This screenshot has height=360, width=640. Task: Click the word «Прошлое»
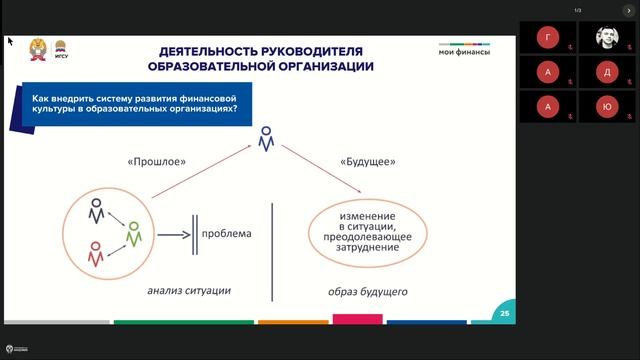[x=158, y=161]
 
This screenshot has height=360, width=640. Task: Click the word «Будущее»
[x=368, y=161]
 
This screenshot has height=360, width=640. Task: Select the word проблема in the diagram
[x=226, y=235]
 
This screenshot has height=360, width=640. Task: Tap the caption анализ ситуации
[x=189, y=291]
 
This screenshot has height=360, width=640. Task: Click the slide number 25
[x=505, y=315]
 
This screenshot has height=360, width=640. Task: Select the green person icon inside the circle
[x=133, y=235]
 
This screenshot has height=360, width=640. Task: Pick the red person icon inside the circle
[x=96, y=255]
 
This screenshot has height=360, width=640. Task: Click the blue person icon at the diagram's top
[x=265, y=139]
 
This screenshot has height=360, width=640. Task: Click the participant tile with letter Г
[x=546, y=38]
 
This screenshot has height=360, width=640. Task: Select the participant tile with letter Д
[x=607, y=72]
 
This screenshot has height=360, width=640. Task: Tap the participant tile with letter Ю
[x=607, y=106]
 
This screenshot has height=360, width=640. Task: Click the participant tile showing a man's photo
[x=607, y=38]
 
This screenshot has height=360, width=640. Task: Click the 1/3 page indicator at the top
[x=577, y=10]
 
